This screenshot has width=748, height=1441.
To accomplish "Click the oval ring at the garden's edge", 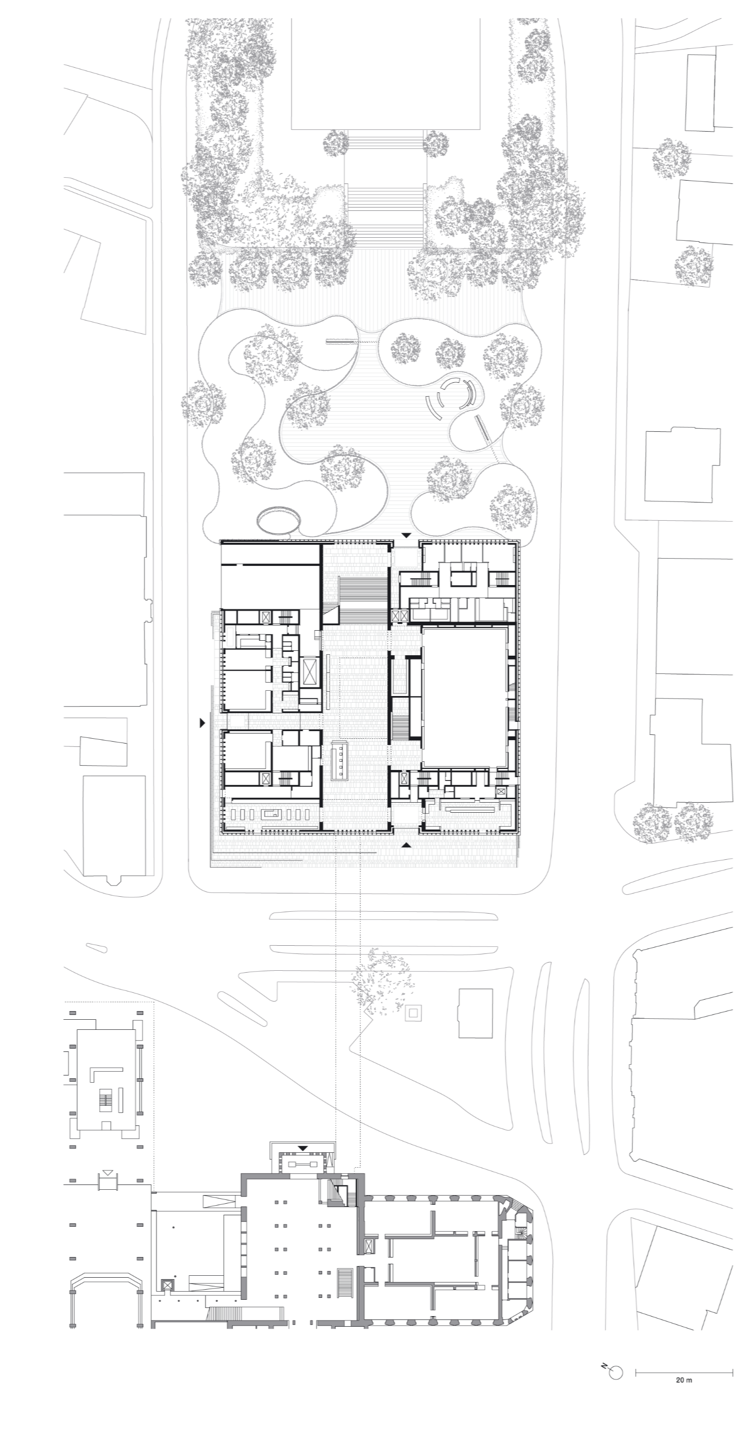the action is coord(278,520).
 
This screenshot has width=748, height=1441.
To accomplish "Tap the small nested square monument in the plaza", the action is coord(414,1012).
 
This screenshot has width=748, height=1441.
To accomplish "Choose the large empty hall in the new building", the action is coord(465,697).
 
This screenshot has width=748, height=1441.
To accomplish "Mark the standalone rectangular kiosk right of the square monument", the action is coord(475,1013).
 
